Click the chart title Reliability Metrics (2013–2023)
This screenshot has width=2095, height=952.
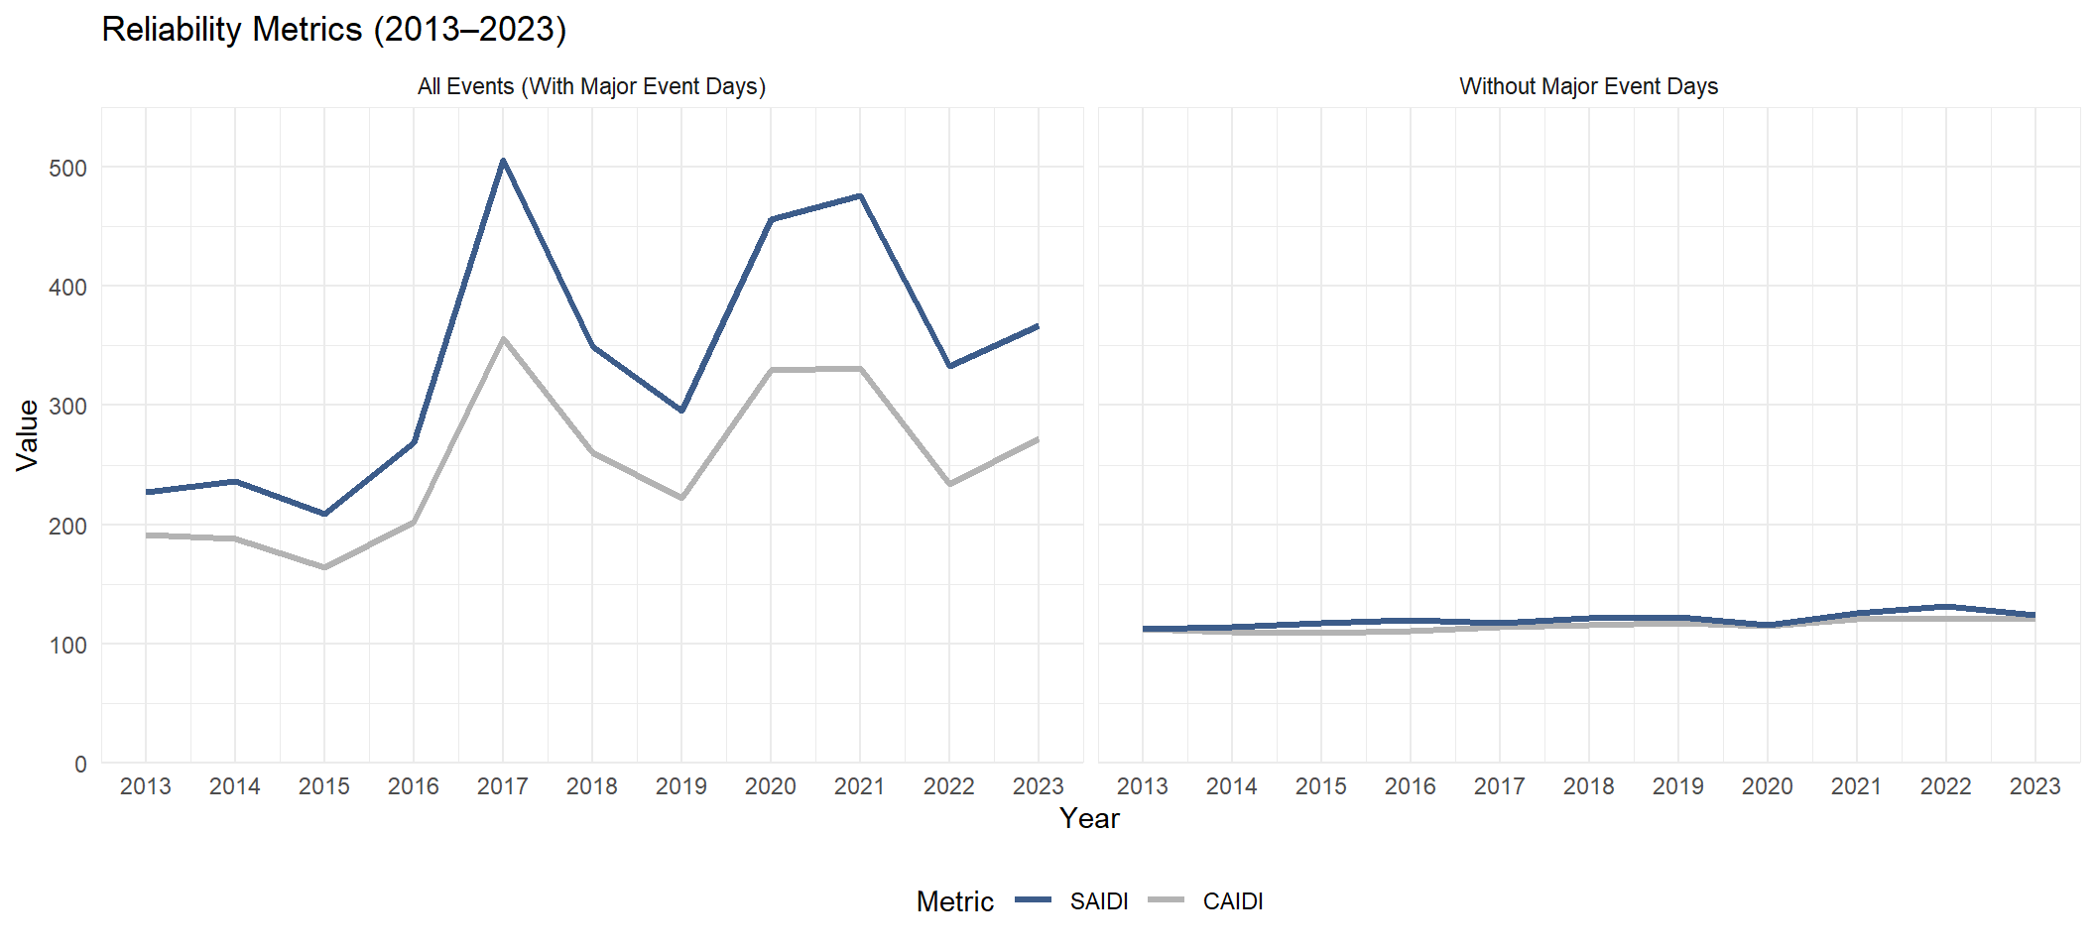coord(333,30)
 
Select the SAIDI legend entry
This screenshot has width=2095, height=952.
coord(1098,901)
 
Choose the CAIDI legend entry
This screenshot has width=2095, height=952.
coord(1232,901)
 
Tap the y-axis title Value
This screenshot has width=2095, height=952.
coord(28,434)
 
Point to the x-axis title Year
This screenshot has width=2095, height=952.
coord(1089,818)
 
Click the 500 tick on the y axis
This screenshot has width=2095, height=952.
coord(67,168)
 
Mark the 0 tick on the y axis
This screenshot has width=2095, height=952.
coord(80,765)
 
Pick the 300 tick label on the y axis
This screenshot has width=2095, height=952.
coord(67,406)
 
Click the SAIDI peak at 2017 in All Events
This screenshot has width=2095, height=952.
coord(503,161)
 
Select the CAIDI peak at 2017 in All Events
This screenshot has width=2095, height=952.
coord(503,338)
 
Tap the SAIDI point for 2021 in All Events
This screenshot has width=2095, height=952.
coord(860,196)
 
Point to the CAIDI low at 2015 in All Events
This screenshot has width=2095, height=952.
coord(324,567)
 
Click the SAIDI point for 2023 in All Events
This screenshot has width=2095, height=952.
coord(1038,326)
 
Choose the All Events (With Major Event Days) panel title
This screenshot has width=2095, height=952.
coord(591,86)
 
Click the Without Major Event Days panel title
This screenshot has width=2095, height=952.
coord(1588,86)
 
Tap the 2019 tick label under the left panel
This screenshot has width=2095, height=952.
coord(681,786)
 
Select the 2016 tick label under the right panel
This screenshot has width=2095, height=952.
coord(1410,786)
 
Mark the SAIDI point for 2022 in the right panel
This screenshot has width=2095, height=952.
coord(1945,607)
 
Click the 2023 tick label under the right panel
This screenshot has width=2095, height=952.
coord(2034,786)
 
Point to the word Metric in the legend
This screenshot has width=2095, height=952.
coord(954,901)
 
